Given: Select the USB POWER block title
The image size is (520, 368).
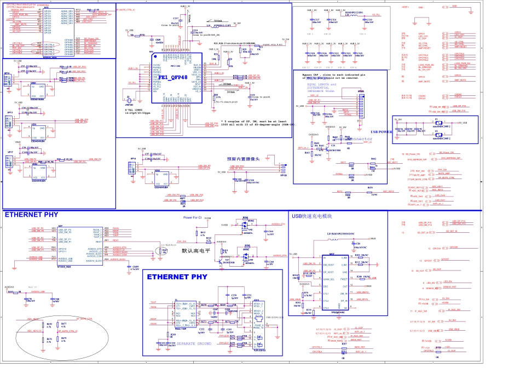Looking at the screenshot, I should pyautogui.click(x=382, y=132).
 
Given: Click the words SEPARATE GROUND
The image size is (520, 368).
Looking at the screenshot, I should pyautogui.click(x=187, y=343).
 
